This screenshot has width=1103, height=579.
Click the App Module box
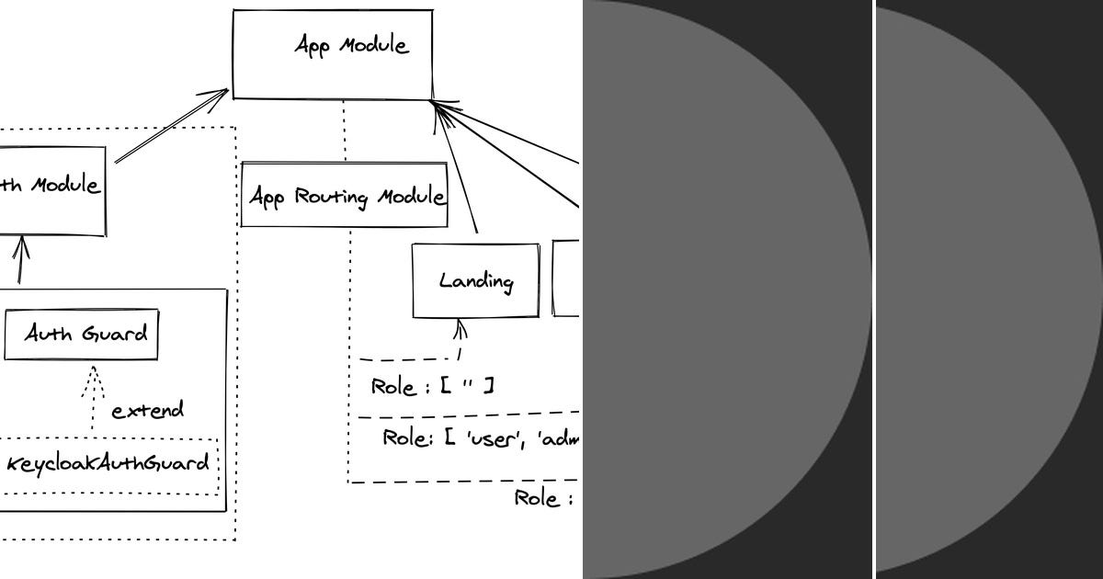point(332,54)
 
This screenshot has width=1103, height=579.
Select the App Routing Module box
point(344,195)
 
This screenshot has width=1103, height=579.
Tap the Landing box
point(475,280)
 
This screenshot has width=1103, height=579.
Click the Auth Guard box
point(81,335)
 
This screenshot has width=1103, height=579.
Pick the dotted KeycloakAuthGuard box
point(108,464)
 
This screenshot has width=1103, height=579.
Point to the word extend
point(147,410)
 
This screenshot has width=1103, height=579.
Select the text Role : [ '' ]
point(432,386)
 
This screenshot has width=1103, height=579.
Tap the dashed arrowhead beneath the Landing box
point(461,328)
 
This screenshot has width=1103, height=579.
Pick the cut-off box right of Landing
point(566,278)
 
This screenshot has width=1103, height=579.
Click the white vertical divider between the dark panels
point(873,289)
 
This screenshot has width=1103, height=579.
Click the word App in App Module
point(313,45)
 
